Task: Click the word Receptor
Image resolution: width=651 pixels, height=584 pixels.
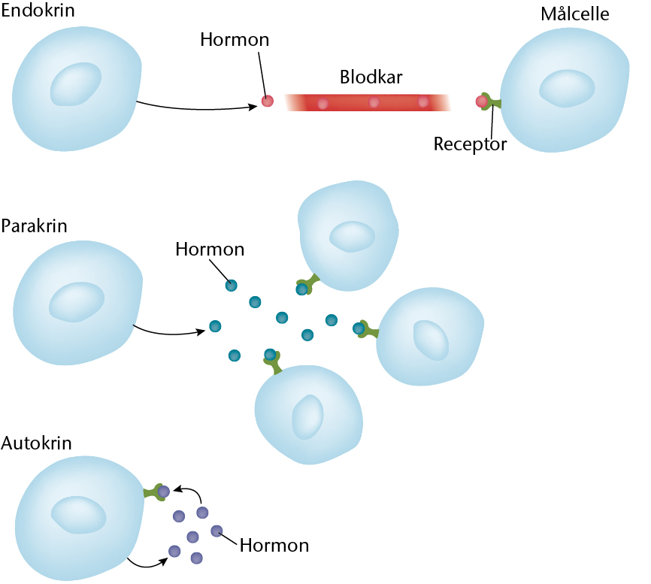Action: coord(471,144)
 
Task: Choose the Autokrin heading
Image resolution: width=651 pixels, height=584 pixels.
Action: coord(36,443)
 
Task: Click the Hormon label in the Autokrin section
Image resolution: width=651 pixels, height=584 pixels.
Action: coord(274,545)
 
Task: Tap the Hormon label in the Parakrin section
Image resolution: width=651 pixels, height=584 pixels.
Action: coord(210,249)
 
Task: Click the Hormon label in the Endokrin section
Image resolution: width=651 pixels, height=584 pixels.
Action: coord(235,39)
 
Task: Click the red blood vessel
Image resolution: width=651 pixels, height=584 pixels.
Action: coord(368,102)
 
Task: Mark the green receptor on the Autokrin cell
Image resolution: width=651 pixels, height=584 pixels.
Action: coord(156,492)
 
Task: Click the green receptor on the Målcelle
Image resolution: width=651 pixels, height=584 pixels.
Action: coord(493,103)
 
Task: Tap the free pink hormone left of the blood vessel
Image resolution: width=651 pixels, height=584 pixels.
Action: coord(267,101)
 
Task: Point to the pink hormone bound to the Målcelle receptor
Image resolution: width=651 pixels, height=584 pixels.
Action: coord(482,101)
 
